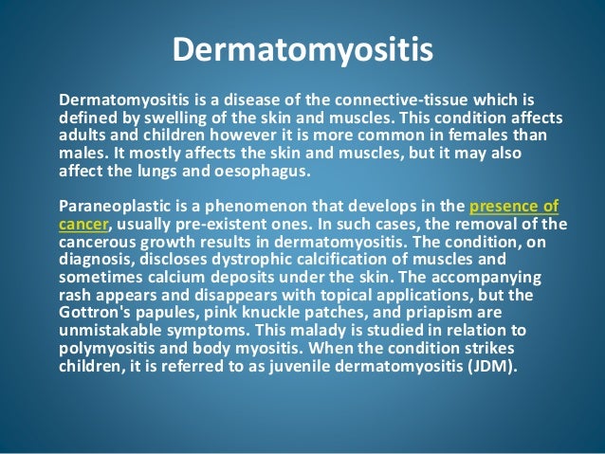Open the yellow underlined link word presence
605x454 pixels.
508,204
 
